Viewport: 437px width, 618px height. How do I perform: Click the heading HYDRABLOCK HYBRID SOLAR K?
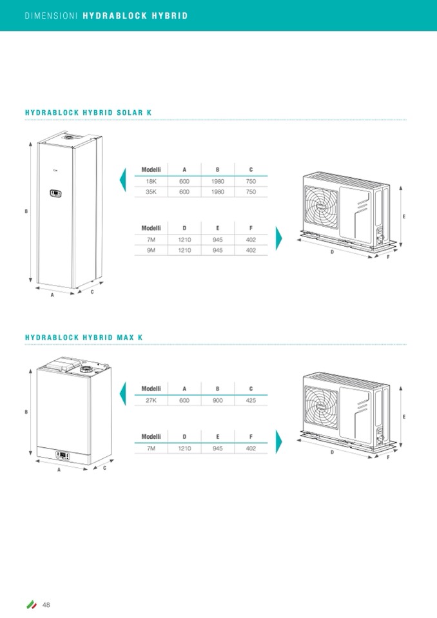pos(88,113)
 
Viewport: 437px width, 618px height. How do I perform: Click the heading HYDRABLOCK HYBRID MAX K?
pos(84,338)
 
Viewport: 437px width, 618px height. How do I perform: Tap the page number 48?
pos(46,604)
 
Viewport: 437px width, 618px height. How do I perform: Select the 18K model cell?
pos(151,182)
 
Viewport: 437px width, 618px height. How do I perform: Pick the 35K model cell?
pos(151,192)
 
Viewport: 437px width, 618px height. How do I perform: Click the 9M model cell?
pos(151,250)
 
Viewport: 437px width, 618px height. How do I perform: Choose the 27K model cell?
pos(151,400)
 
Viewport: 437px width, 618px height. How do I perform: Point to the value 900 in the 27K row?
pos(218,400)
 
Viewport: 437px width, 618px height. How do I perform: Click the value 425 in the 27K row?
pos(251,400)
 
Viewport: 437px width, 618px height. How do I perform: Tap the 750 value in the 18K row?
pos(251,182)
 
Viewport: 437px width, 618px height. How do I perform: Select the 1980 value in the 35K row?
pos(218,192)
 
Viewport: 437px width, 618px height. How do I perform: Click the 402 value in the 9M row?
pos(251,250)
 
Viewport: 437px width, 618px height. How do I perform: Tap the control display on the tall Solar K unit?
pos(56,193)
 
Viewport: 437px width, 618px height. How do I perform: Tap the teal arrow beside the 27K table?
pos(123,393)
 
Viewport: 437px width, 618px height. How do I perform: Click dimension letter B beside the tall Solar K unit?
pos(26,211)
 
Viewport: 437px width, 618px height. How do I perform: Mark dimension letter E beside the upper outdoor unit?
pos(403,217)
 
